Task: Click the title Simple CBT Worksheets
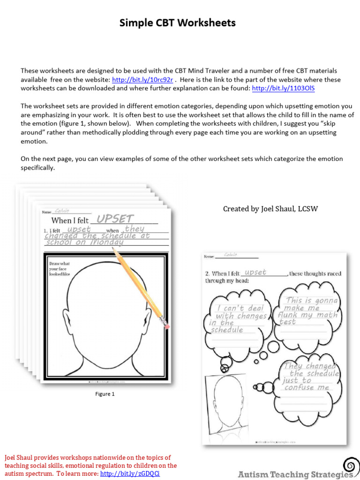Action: (177, 23)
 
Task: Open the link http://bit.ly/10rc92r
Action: (142, 80)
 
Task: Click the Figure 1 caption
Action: (105, 394)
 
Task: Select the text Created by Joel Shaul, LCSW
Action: (270, 209)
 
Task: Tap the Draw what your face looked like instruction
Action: (59, 269)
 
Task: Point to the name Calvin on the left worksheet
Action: (61, 211)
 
